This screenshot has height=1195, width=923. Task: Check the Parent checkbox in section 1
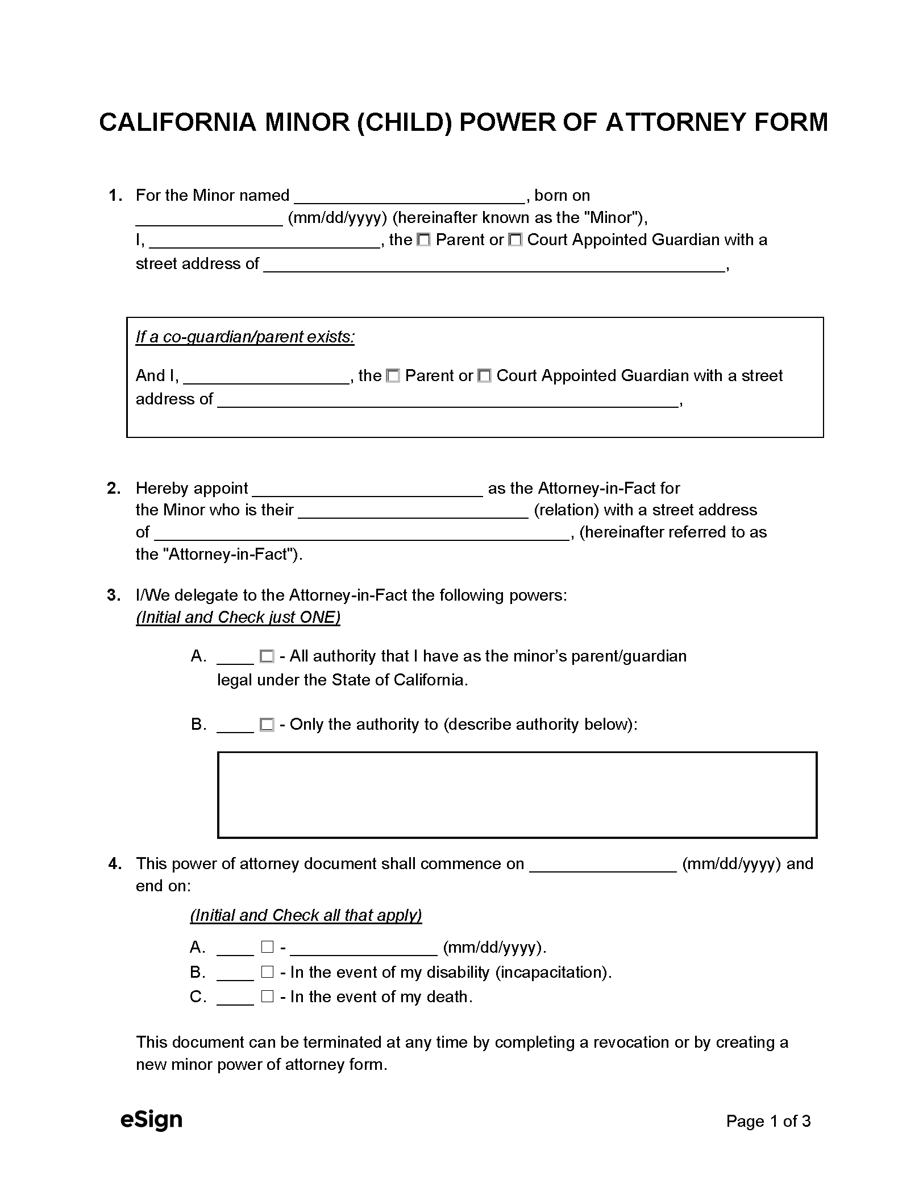pyautogui.click(x=423, y=241)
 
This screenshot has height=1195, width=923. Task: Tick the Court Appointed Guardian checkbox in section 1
pyautogui.click(x=515, y=241)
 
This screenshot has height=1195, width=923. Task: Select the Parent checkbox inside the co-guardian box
pyautogui.click(x=393, y=376)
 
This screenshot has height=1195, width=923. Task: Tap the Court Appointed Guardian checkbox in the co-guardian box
pyautogui.click(x=484, y=376)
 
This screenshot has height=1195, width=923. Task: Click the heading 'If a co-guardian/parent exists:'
pyautogui.click(x=245, y=337)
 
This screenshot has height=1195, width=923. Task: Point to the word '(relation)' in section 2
pyautogui.click(x=566, y=510)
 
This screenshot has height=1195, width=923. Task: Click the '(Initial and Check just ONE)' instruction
pyautogui.click(x=238, y=618)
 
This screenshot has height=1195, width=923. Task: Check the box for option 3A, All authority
pyautogui.click(x=267, y=657)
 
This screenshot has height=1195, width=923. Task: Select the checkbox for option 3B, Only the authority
pyautogui.click(x=267, y=725)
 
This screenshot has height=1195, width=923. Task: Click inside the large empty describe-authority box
pyautogui.click(x=517, y=795)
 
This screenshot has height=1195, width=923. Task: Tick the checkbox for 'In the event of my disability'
pyautogui.click(x=267, y=972)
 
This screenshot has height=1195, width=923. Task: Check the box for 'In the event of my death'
pyautogui.click(x=267, y=996)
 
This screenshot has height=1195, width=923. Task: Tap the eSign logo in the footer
pyautogui.click(x=151, y=1120)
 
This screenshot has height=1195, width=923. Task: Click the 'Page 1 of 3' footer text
pyautogui.click(x=768, y=1122)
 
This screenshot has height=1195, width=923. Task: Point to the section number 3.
pyautogui.click(x=114, y=596)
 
